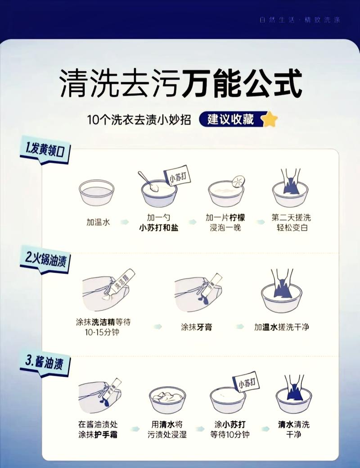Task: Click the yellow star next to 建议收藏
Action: click(x=270, y=119)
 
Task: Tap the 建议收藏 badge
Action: click(x=230, y=119)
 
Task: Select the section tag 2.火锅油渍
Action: click(x=45, y=259)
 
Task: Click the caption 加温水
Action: click(x=98, y=222)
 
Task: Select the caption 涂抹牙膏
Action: click(x=196, y=327)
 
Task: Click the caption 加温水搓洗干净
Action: click(x=282, y=327)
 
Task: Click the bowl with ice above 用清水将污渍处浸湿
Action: click(x=167, y=398)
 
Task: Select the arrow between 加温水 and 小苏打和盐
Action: click(x=125, y=222)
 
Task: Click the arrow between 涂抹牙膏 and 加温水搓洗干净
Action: click(x=240, y=327)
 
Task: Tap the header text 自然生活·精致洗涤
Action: click(x=300, y=20)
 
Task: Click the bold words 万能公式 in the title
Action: click(x=242, y=84)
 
